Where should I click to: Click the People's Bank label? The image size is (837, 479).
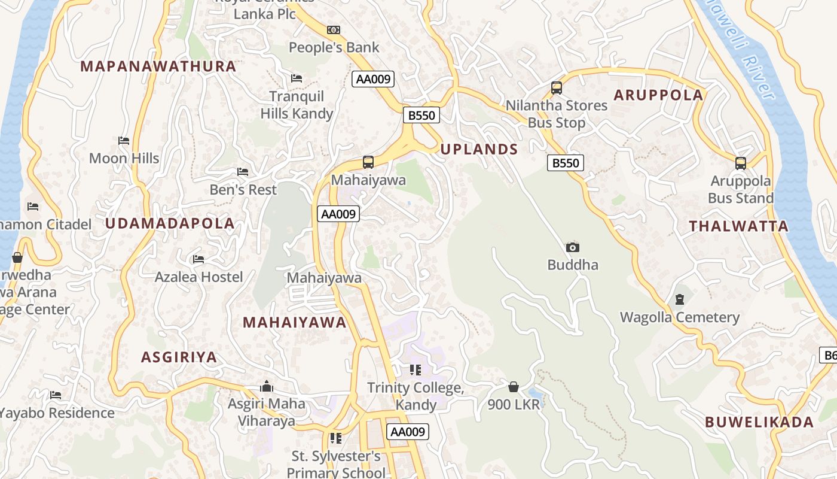[334, 47]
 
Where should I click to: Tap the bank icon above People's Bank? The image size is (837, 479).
[334, 29]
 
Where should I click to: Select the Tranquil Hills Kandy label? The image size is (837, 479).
[297, 105]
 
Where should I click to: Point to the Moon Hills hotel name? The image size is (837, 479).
[124, 158]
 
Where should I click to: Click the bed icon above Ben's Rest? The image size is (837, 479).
[243, 172]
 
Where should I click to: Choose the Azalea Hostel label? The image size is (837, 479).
[199, 277]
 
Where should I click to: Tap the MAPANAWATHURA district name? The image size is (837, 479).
[158, 66]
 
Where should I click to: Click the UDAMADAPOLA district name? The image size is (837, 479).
[170, 223]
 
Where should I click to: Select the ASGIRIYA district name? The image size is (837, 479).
[179, 357]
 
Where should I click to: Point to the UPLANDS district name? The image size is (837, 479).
[479, 150]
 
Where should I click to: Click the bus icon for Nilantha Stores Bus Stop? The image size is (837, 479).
[557, 88]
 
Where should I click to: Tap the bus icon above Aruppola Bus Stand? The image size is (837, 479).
[741, 163]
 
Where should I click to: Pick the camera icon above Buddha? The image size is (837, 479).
[573, 247]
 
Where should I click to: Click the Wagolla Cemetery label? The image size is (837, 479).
[680, 317]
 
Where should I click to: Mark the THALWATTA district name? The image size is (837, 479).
[739, 226]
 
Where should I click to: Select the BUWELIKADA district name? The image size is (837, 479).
[759, 422]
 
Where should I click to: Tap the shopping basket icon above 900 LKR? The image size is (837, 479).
[514, 387]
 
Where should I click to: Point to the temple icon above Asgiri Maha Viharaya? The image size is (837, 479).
[267, 386]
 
